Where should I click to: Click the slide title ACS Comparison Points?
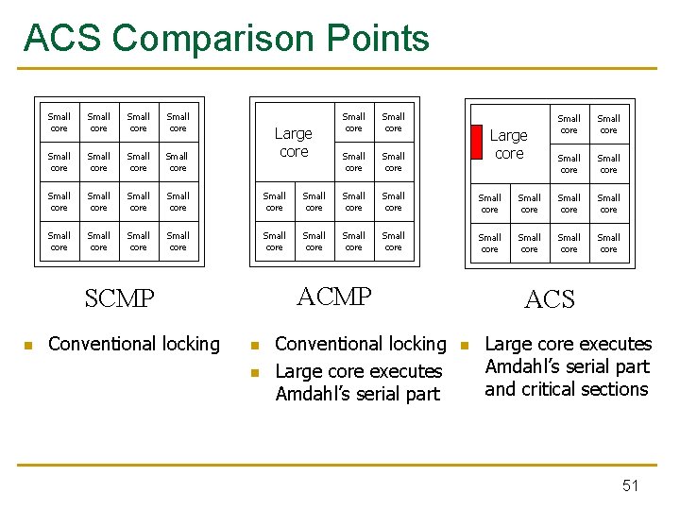click(226, 38)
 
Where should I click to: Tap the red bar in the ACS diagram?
click(476, 142)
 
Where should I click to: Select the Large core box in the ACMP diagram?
click(294, 142)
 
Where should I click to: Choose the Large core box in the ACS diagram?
click(509, 144)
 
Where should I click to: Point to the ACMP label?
click(334, 296)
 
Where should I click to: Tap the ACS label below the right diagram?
click(549, 299)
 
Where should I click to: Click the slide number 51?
click(630, 485)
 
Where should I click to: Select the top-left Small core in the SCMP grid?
click(59, 122)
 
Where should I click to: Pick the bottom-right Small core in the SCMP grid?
click(178, 241)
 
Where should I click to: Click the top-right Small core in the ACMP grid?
click(393, 122)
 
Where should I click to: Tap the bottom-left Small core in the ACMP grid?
click(275, 241)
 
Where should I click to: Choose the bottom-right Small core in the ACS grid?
click(608, 243)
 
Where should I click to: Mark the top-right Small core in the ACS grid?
click(608, 124)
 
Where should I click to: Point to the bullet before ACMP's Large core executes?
click(253, 372)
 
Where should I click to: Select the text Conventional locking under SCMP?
click(133, 344)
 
